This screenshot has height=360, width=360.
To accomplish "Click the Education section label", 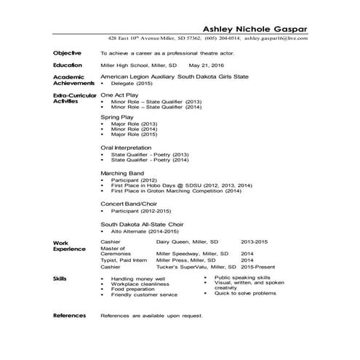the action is [x=69, y=65].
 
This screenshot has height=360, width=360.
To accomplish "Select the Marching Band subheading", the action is [x=122, y=173].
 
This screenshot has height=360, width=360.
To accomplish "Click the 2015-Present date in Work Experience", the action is [x=260, y=267].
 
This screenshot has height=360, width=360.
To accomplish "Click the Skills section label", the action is [x=62, y=279].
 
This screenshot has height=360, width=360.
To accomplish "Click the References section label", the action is [x=70, y=316].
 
